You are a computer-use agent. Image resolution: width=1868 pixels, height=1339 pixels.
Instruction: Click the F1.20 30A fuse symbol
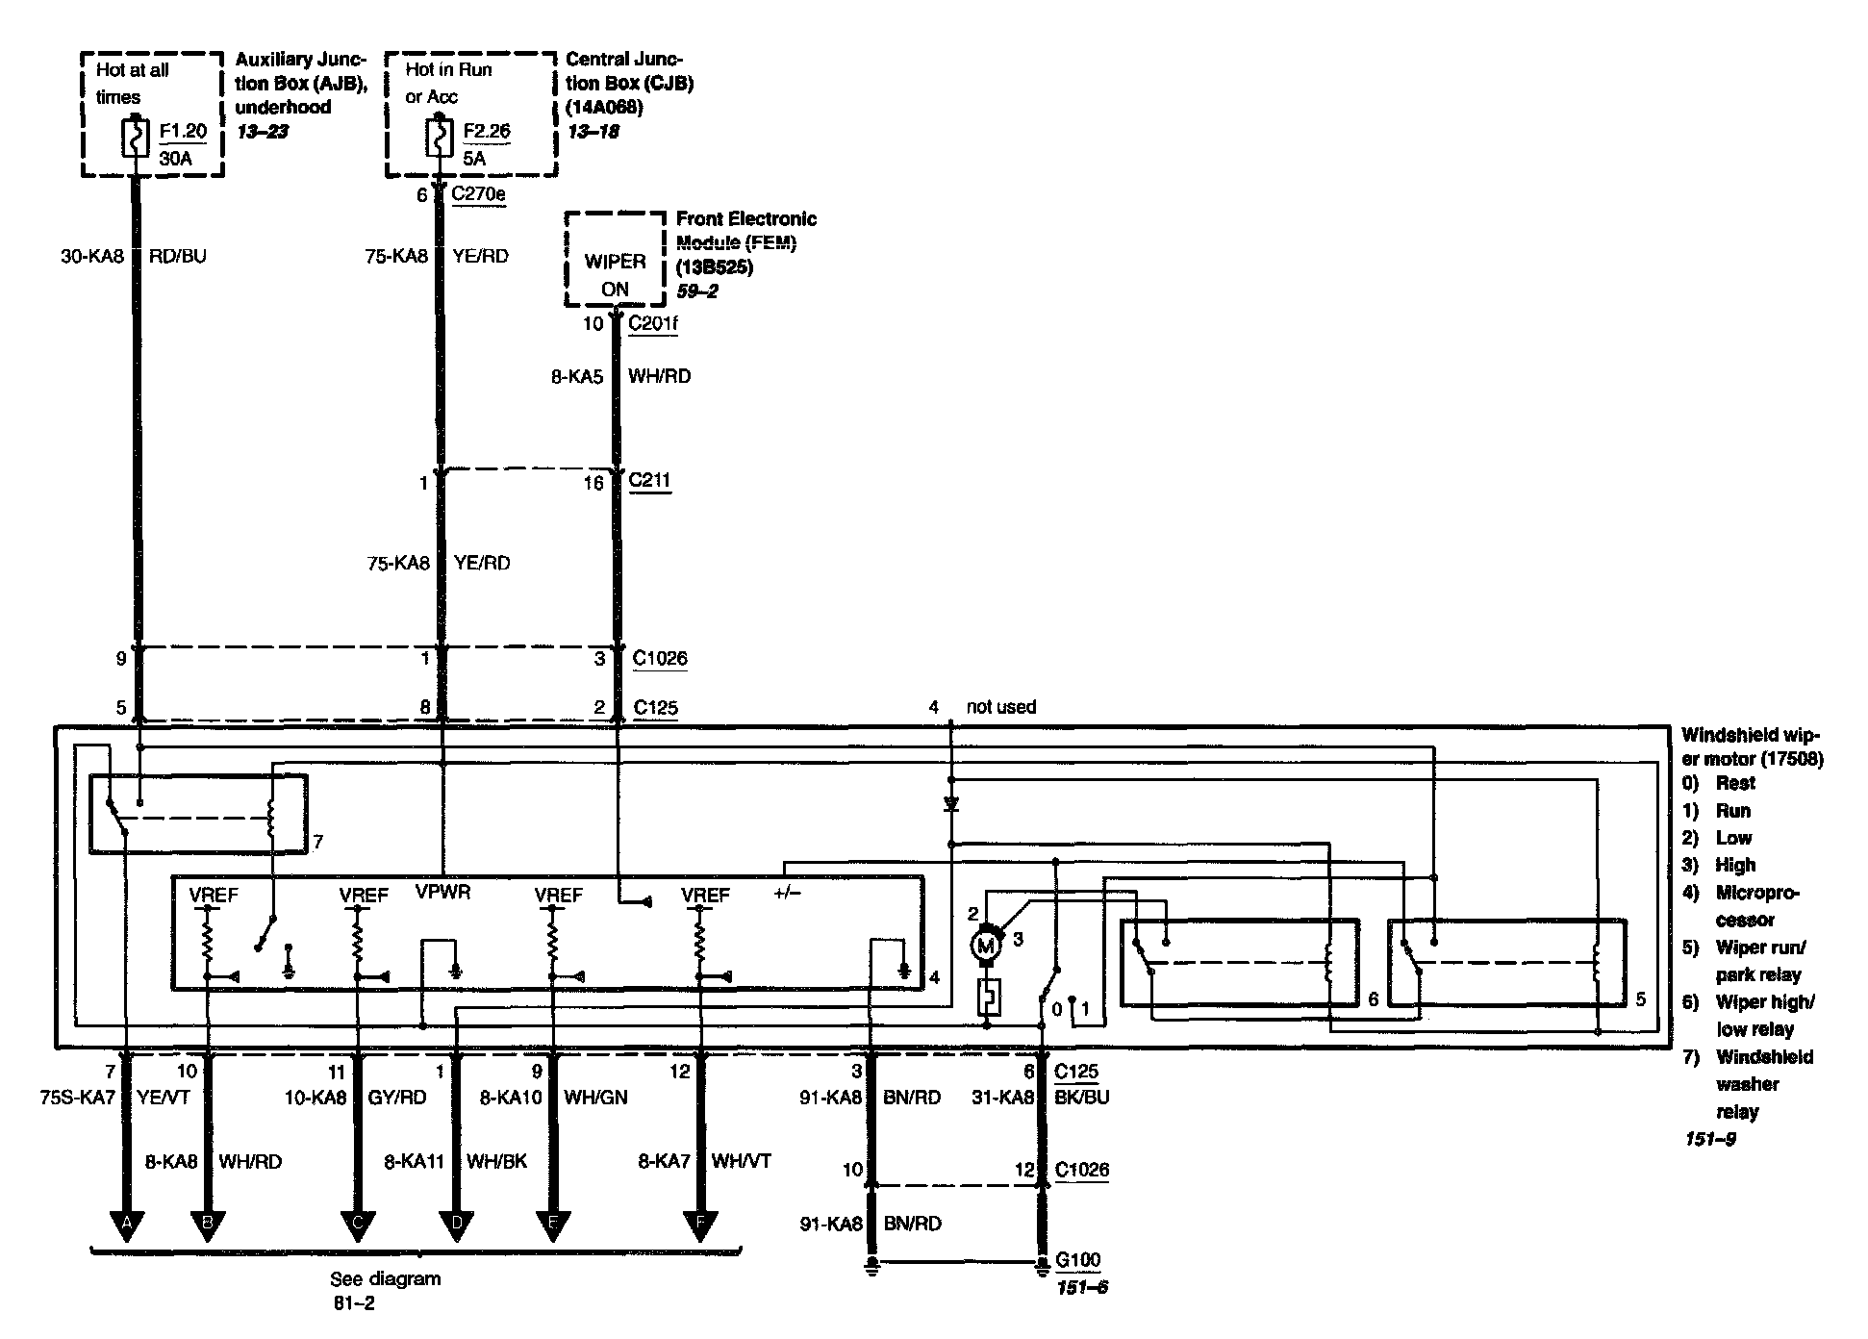click(135, 138)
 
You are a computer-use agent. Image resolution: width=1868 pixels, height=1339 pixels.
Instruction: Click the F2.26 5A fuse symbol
click(440, 137)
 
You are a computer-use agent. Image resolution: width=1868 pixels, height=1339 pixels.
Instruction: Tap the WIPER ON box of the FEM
click(615, 274)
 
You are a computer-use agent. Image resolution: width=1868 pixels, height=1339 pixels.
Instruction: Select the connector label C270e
click(478, 194)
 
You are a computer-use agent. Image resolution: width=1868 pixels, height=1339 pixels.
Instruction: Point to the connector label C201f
click(653, 323)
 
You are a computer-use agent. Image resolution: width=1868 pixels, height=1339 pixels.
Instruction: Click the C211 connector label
click(649, 480)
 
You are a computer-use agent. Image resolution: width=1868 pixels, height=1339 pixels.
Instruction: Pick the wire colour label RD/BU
click(177, 256)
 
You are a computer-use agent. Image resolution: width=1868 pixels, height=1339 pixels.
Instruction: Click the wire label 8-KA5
click(577, 376)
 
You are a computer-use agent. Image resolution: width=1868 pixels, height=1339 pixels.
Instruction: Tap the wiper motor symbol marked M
click(986, 946)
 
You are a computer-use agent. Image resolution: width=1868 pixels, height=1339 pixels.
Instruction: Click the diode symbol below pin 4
click(951, 803)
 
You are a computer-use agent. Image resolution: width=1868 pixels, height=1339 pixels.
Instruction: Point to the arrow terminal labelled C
click(358, 1223)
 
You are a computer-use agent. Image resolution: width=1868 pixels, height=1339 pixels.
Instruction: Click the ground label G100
click(1077, 1259)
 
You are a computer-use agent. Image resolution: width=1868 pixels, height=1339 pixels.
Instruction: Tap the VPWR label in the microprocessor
click(442, 892)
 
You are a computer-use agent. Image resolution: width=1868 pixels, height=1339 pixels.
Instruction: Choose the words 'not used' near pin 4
click(1001, 707)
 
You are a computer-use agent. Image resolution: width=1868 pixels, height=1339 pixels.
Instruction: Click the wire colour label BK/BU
click(1081, 1098)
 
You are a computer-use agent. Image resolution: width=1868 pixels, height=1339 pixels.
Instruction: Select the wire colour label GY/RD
click(397, 1098)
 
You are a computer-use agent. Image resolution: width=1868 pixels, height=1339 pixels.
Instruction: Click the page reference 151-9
click(1710, 1139)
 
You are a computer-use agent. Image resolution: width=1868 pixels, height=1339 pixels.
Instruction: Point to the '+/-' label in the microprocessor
click(787, 893)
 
